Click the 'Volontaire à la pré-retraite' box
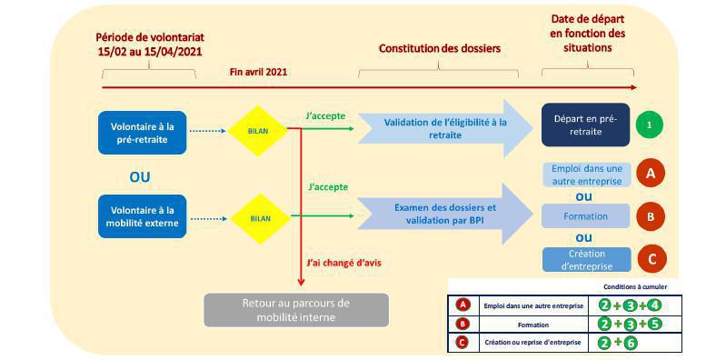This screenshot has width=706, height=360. click(x=142, y=131)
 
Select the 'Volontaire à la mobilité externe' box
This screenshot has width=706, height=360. click(x=142, y=216)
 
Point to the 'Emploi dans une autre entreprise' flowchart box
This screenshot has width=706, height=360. click(x=586, y=174)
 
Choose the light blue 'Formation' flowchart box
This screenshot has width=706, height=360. click(x=586, y=216)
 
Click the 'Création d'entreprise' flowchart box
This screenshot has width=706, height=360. click(x=586, y=259)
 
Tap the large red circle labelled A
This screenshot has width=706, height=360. click(x=650, y=172)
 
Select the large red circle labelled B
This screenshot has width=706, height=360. click(x=650, y=216)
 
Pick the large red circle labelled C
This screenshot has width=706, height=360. click(x=650, y=259)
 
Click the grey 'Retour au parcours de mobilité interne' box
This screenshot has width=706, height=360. click(x=295, y=310)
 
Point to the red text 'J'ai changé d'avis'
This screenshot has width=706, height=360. click(x=344, y=263)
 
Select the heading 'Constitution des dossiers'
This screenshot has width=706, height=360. click(x=439, y=47)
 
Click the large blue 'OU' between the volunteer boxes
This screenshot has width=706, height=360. click(x=141, y=173)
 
